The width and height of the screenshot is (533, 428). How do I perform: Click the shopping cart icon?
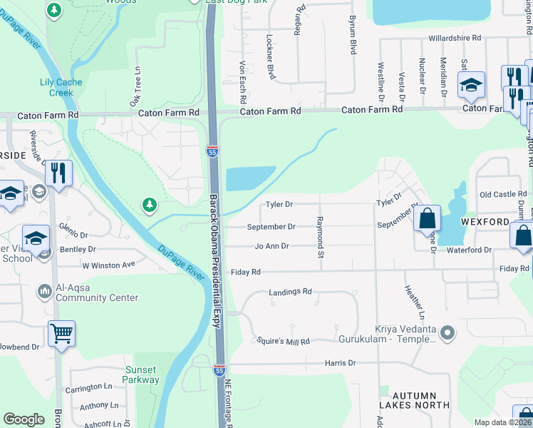(62, 332)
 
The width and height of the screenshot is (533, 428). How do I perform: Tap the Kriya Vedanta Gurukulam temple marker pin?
(447, 332)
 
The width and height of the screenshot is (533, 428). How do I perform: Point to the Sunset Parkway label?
(142, 374)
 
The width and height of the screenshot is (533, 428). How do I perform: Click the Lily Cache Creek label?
(61, 87)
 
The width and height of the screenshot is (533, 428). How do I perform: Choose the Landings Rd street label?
(290, 292)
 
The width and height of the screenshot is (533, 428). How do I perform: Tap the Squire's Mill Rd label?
(283, 342)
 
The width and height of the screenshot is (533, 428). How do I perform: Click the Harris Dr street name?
(340, 363)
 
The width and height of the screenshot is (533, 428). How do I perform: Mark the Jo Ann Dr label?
(271, 246)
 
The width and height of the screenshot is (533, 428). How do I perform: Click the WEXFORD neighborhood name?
(486, 222)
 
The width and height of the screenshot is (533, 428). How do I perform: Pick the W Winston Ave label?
(108, 265)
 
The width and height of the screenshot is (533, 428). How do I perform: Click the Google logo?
(24, 419)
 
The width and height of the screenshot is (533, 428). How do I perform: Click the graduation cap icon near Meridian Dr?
(471, 85)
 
